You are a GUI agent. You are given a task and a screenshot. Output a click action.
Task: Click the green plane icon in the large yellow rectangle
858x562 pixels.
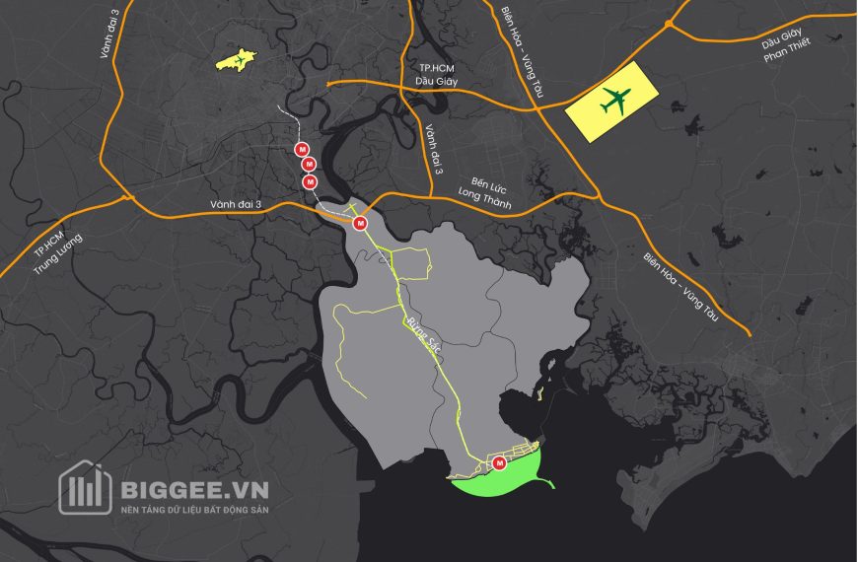pyautogui.click(x=614, y=101)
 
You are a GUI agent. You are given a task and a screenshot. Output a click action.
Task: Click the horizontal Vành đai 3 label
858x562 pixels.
pyautogui.click(x=236, y=204)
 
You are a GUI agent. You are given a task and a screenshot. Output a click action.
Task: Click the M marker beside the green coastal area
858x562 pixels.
pyautogui.click(x=499, y=463)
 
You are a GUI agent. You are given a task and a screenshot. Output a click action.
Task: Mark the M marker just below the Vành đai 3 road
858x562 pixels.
pyautogui.click(x=360, y=224)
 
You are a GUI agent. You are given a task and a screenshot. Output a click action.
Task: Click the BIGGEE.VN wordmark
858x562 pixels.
pyautogui.click(x=193, y=488)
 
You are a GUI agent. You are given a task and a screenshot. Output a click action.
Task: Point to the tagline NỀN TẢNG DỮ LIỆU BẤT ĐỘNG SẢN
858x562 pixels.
pyautogui.click(x=193, y=510)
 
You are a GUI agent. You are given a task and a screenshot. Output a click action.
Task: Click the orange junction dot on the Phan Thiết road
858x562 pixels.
pyautogui.click(x=669, y=22)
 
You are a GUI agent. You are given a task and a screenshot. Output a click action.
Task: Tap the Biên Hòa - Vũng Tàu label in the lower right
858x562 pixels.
pyautogui.click(x=679, y=291)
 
